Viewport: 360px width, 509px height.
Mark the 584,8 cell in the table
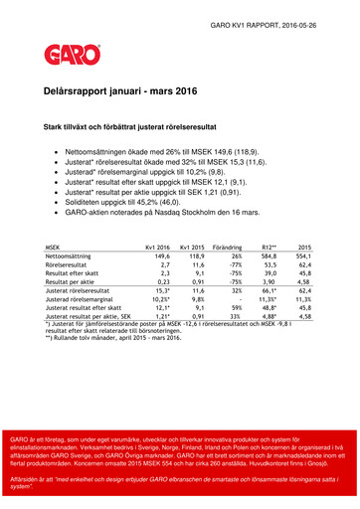click(x=265, y=255)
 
